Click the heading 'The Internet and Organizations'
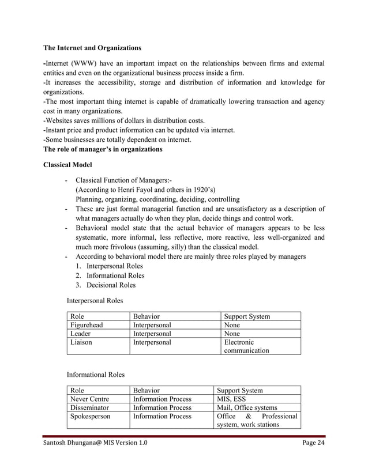(92, 47)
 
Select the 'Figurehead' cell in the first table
(87, 326)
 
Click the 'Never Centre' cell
(89, 399)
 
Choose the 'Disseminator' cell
(90, 407)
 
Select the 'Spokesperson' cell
(91, 416)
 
